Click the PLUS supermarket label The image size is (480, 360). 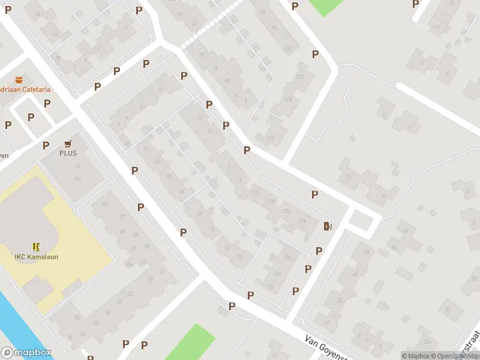68,153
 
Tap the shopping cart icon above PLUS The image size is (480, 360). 68,143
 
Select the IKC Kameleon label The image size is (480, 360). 37,257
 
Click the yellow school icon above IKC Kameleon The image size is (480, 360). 37,247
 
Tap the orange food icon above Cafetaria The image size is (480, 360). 19,79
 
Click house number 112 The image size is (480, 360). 270,138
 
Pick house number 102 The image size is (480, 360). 300,77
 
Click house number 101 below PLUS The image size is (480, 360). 77,179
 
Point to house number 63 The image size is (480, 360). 106,205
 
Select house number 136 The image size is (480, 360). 271,286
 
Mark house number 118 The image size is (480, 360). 271,202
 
